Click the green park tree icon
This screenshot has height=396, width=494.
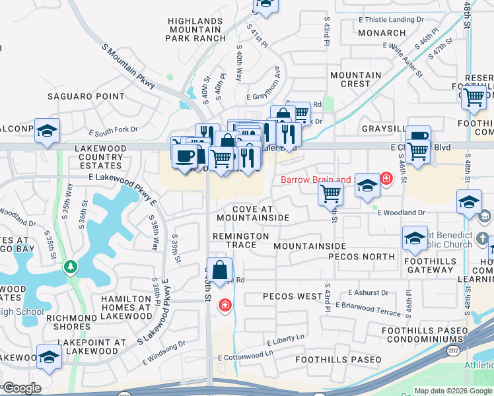coord(69,267)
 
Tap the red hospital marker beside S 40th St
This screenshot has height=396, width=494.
coord(225,305)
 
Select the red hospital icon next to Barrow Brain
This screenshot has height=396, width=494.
coord(386,179)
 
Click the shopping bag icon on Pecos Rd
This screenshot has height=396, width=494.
coord(221,270)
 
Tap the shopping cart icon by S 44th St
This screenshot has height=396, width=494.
coord(330,194)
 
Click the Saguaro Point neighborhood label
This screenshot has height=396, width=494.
coord(86,96)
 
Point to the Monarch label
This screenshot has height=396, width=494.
coord(382,33)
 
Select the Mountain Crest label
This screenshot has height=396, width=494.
coord(356,79)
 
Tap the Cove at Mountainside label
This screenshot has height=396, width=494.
coord(252,213)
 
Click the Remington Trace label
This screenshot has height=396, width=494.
coord(240,240)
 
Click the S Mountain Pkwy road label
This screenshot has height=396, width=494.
coord(129,66)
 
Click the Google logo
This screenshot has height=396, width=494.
coord(21,388)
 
